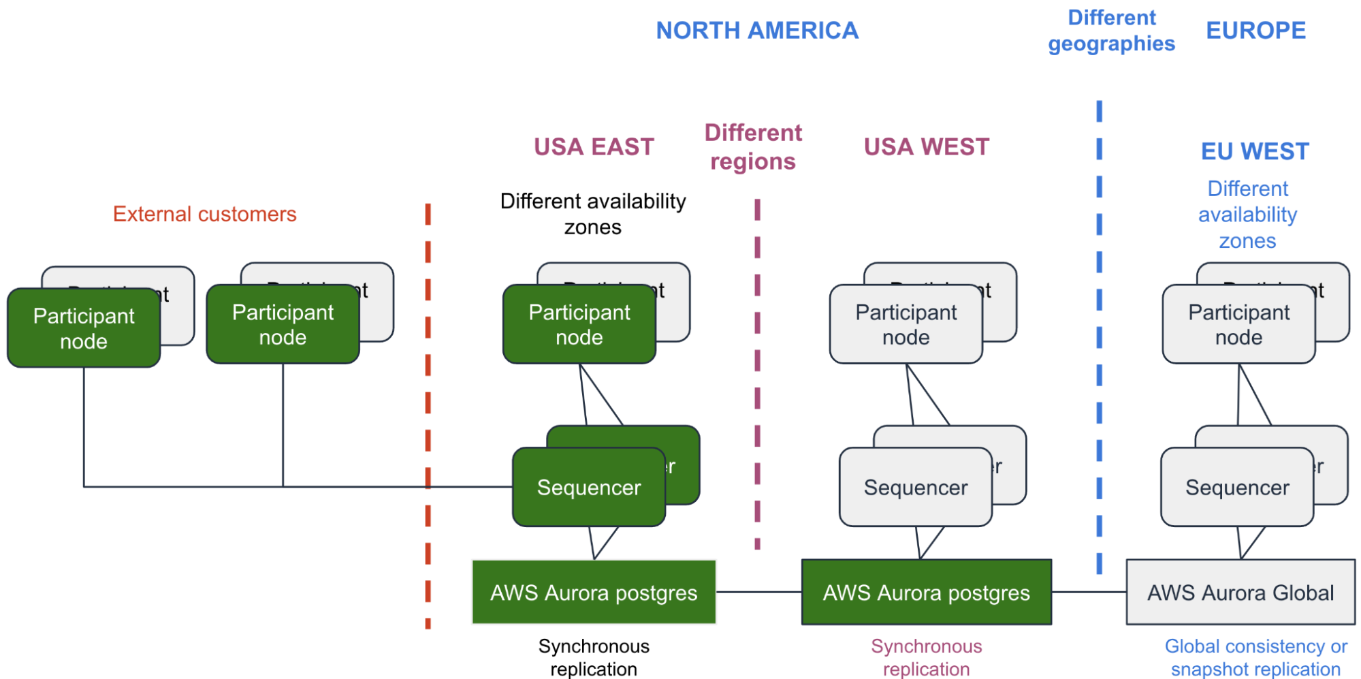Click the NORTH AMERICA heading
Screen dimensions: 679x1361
[757, 31]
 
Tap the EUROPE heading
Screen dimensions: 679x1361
[1255, 31]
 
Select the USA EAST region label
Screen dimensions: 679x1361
[594, 147]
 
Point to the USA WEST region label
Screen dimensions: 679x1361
[926, 147]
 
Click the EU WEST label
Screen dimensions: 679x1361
[1255, 151]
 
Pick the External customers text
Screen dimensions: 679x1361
[204, 214]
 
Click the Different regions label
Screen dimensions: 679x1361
[753, 147]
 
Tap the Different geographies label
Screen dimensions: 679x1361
[1111, 31]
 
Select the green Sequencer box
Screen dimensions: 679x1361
[589, 487]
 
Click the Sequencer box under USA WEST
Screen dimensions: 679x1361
[916, 487]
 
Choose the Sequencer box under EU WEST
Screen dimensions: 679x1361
[1237, 487]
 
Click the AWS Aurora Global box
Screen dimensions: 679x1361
[1240, 593]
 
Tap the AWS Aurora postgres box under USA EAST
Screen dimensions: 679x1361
[594, 593]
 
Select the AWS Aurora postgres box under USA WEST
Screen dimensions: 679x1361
[926, 593]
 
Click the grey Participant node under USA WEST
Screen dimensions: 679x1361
[906, 325]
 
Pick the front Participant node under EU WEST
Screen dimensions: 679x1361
[1238, 325]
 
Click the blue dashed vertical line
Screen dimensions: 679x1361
[1099, 341]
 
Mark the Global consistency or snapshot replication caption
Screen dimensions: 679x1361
[1255, 657]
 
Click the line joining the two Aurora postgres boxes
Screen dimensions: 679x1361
[758, 592]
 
